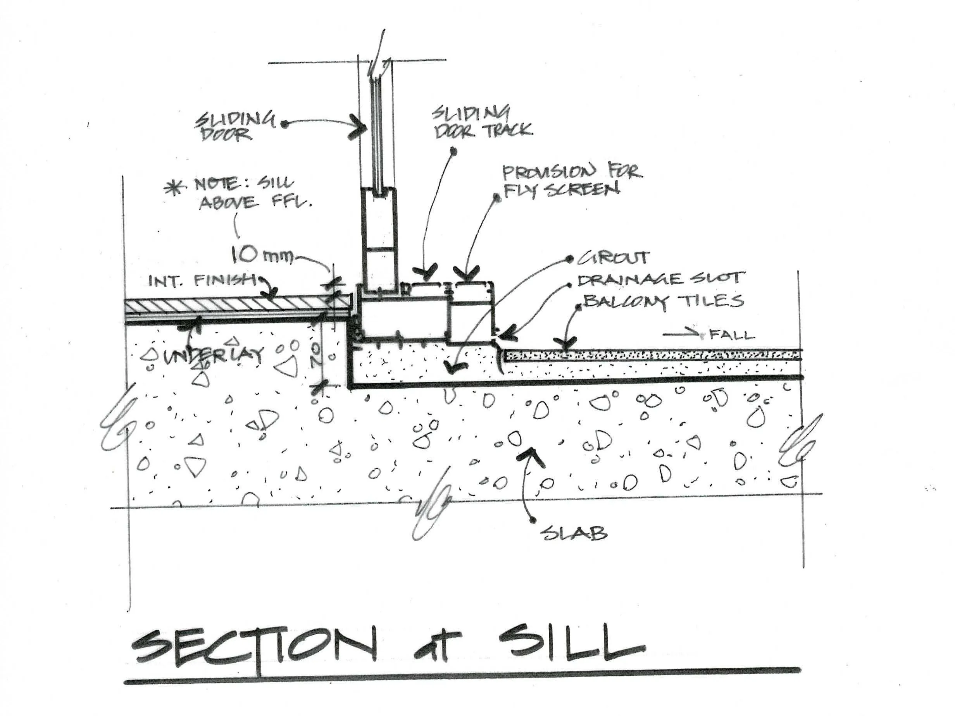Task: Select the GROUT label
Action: coord(613,258)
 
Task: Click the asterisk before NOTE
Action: coord(174,189)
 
